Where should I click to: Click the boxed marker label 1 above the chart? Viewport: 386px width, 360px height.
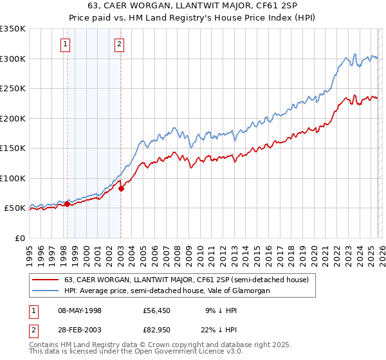pos(66,44)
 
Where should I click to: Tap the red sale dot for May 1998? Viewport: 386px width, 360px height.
pos(67,204)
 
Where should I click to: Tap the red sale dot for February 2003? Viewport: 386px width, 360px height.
pos(121,188)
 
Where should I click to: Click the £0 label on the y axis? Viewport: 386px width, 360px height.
pos(20,238)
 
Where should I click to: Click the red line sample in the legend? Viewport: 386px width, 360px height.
pos(46,280)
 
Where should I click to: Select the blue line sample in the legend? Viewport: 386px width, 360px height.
pos(46,291)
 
